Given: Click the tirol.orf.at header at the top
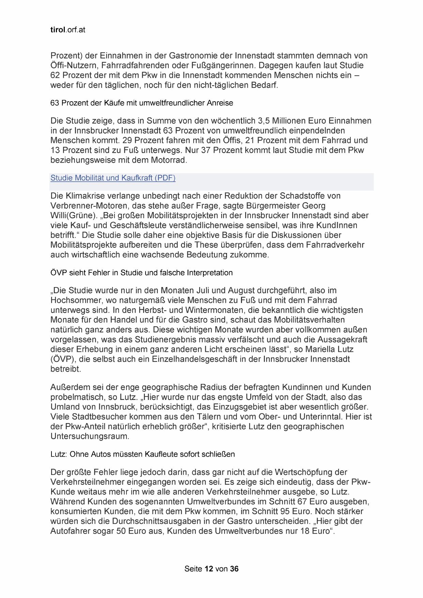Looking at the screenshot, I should [67, 30].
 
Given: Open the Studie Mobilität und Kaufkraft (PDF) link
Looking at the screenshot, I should [113, 178].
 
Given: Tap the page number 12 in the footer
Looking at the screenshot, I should [209, 569].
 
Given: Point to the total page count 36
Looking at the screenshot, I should [234, 569].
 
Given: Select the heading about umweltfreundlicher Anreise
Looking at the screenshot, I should [141, 103].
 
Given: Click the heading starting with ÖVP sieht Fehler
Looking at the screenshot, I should [141, 273].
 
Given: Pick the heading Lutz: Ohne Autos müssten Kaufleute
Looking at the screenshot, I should [142, 454].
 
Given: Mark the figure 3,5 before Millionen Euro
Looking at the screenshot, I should [266, 121].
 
